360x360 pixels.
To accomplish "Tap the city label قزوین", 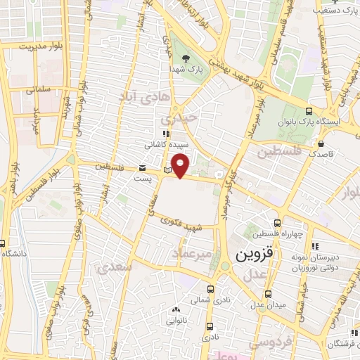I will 252,253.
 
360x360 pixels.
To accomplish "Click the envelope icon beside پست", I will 143,169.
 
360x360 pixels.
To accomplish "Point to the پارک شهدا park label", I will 185,70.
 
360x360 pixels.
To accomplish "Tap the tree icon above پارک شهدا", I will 185,58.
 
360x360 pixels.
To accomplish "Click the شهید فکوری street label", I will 183,224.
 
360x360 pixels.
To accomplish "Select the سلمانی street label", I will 37,90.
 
